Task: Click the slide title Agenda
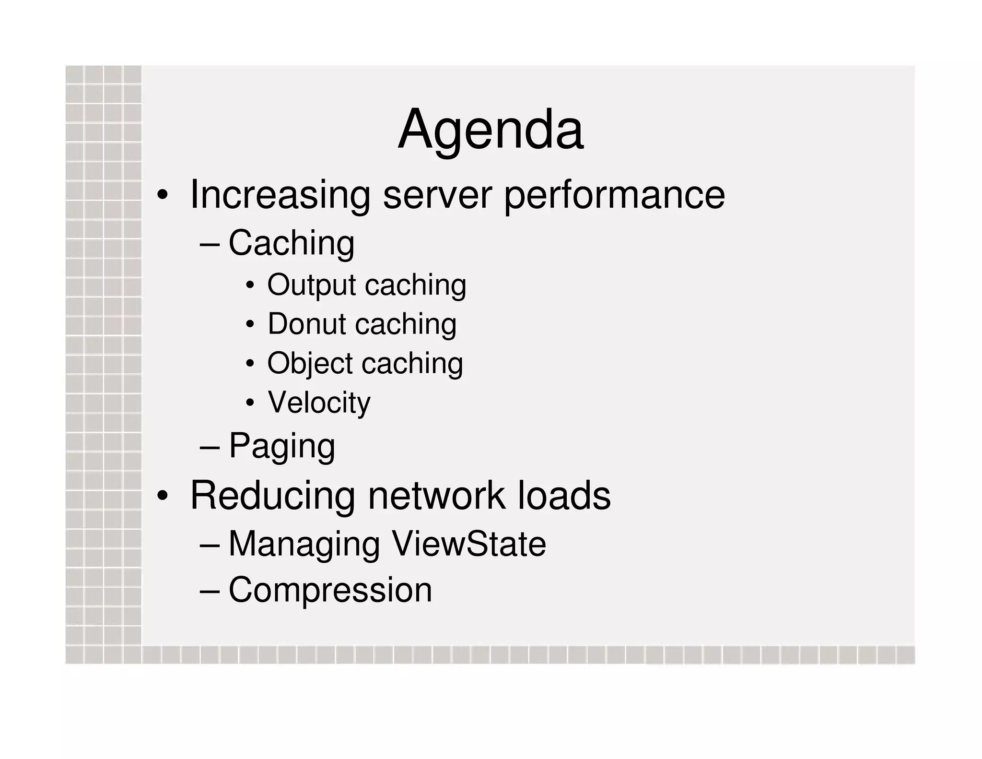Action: tap(490, 130)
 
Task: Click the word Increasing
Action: tap(280, 195)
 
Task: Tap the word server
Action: tap(437, 195)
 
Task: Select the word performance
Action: tap(614, 195)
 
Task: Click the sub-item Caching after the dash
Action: tap(292, 243)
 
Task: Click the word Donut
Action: tap(306, 324)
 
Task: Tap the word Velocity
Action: tap(319, 402)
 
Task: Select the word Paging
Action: tap(282, 446)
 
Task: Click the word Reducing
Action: tap(273, 495)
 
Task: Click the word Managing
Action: tap(304, 544)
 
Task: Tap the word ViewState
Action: tap(468, 544)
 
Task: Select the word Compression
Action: tap(330, 590)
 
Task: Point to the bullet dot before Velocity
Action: tap(250, 403)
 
